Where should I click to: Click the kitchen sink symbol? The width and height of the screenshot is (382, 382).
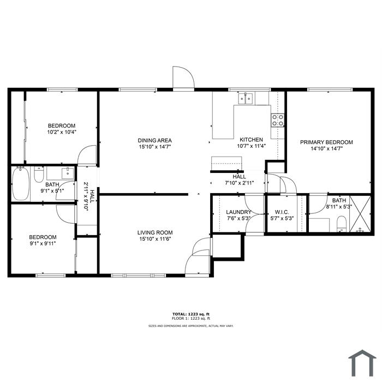(246, 98)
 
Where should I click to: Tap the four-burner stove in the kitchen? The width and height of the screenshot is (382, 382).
(278, 120)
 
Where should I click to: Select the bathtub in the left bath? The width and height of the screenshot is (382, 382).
(21, 183)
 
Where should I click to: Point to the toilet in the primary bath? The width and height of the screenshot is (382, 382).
(342, 224)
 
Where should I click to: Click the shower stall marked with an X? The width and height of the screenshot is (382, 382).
(360, 214)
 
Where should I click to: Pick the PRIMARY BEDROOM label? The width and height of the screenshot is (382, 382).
(326, 142)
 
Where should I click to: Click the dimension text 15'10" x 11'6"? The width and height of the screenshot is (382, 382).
(155, 239)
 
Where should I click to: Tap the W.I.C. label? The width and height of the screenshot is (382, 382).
(282, 212)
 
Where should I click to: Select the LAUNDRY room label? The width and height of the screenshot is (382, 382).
(238, 212)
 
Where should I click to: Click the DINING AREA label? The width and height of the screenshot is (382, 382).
(154, 141)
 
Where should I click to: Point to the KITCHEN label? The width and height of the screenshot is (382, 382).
(252, 140)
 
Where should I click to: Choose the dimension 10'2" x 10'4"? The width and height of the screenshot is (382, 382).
(62, 132)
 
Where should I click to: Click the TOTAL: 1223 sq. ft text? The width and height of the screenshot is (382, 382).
(191, 314)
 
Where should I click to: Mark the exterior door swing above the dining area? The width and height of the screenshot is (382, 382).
(183, 77)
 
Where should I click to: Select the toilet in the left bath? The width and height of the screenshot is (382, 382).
(39, 175)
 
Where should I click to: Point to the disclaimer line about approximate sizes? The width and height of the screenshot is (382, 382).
(191, 326)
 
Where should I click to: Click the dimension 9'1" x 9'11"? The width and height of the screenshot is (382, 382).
(43, 243)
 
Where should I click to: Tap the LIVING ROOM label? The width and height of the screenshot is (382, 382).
(155, 232)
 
